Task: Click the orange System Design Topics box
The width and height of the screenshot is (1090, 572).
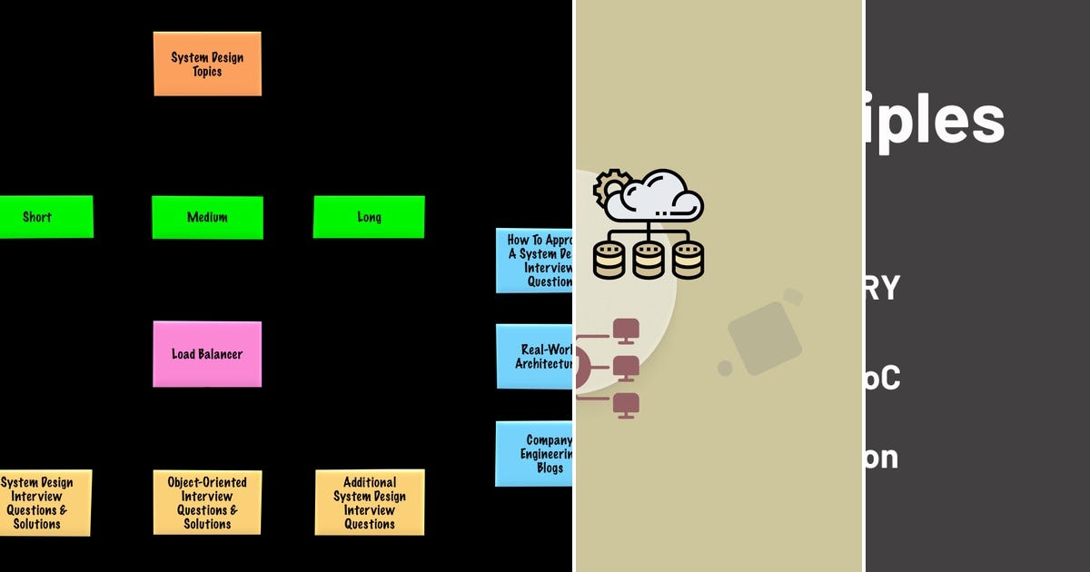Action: point(207,64)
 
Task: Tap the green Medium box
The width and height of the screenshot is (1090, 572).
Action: point(207,218)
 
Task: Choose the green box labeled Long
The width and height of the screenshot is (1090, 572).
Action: point(369,218)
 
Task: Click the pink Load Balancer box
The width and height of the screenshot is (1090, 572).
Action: point(207,354)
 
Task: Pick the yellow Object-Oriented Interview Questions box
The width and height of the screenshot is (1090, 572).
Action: point(207,502)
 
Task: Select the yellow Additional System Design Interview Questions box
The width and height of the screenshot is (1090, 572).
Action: point(370,502)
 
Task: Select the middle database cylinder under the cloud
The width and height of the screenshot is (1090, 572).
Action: point(649,260)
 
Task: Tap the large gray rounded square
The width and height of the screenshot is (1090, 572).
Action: point(765,339)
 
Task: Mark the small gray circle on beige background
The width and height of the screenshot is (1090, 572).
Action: point(725,368)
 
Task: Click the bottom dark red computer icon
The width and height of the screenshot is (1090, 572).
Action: point(626,405)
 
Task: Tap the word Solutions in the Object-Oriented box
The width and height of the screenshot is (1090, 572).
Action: point(207,524)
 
